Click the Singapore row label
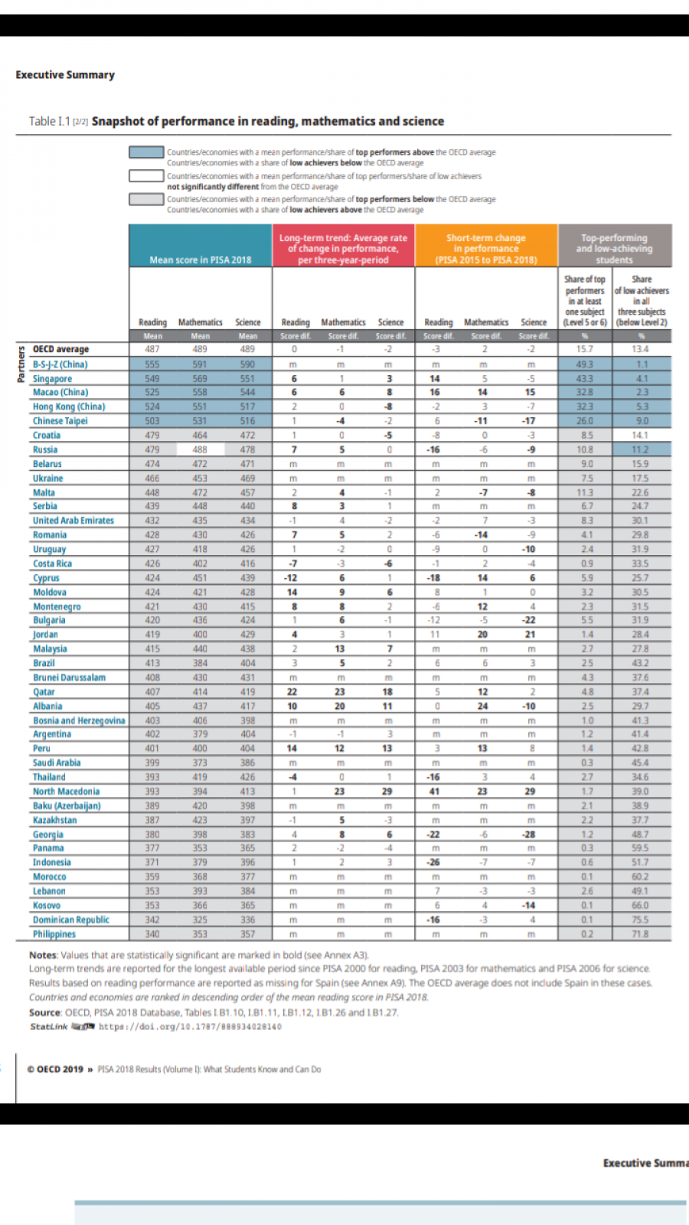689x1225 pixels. pos(52,378)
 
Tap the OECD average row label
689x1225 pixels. pos(60,349)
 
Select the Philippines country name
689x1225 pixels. pos(54,934)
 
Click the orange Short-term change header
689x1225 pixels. pos(486,248)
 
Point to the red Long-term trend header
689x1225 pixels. pos(343,248)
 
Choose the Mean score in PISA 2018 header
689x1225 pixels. pos(200,260)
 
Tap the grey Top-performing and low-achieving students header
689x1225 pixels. pos(614,248)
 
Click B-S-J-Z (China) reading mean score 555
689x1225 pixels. pos(152,364)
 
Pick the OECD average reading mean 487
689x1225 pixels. pos(152,349)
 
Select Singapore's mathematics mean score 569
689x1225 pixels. pos(200,378)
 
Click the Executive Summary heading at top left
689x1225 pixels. pos(65,75)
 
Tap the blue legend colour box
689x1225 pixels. pos(146,152)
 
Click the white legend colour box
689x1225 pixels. pos(146,176)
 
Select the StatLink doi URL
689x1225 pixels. pos(190,1027)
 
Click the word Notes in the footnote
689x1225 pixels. pos(43,955)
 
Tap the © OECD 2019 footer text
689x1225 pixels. pos(55,1070)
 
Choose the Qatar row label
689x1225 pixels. pos(44,691)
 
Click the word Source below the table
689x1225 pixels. pos(44,1012)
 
